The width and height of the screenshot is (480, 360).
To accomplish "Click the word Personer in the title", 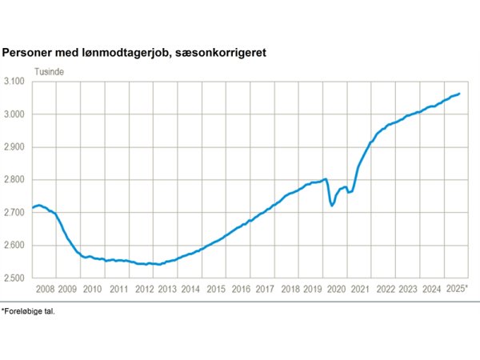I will coord(27,52).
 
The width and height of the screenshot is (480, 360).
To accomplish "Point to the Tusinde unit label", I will coord(50,70).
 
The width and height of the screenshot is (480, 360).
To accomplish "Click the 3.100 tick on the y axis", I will coord(16,82).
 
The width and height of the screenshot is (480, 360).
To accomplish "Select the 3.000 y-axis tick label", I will coord(16,114).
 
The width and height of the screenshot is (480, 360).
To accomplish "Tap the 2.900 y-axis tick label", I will coord(16,147).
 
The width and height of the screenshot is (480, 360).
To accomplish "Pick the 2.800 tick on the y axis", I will coord(16,180).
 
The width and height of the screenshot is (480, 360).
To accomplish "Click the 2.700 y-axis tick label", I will coord(16,213).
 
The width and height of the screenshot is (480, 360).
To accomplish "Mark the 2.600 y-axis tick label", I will coord(16,246).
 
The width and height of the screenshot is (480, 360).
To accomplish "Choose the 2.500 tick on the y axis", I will coord(16,278).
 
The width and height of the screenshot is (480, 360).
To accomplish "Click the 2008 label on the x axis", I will coord(44,288).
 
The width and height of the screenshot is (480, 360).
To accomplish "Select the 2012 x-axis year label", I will coord(143,288).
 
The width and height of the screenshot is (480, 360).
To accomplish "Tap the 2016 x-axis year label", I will coord(241,288).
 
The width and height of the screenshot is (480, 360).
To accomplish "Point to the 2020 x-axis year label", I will coord(337,288).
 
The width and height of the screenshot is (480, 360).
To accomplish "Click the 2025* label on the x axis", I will coord(457,288).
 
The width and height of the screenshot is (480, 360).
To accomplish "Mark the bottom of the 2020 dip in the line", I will coord(332,206).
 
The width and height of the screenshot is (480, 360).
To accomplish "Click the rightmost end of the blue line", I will coord(458,94).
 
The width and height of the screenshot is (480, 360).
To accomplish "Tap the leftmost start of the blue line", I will coord(32,208).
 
